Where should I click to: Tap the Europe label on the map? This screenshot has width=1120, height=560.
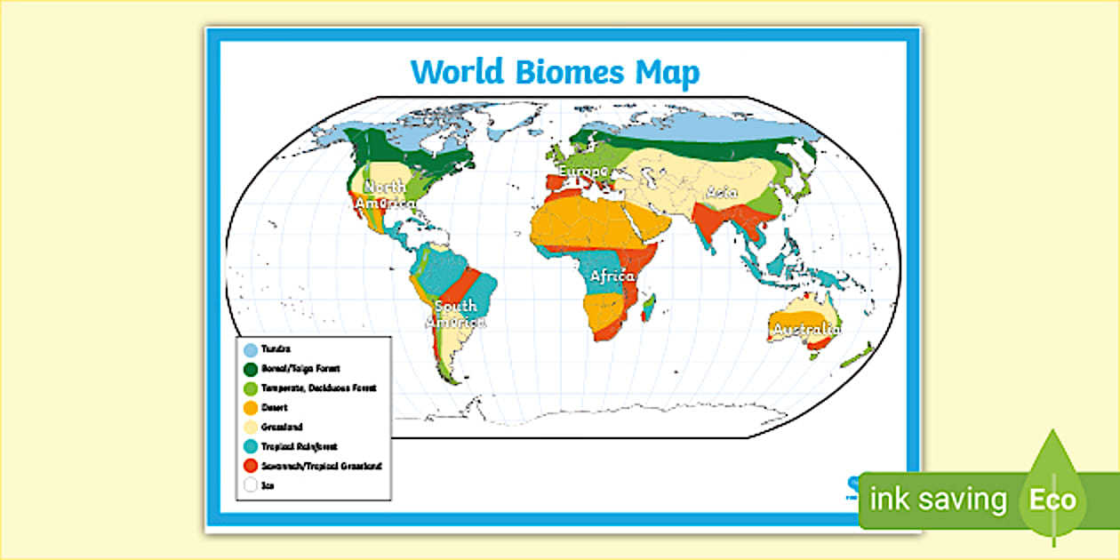pos(583,171)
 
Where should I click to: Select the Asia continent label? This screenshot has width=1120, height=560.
pos(723,192)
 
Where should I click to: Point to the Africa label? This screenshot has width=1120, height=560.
pos(612,276)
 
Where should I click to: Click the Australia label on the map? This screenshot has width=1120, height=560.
pos(806,331)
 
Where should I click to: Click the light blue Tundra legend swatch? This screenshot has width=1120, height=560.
pos(251,350)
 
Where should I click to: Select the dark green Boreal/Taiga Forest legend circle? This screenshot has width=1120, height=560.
pos(251,369)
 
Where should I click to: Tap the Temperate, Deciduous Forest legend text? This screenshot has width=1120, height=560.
pos(318,388)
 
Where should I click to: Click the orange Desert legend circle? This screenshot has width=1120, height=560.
pos(251,408)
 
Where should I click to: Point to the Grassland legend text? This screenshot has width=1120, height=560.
pos(282,428)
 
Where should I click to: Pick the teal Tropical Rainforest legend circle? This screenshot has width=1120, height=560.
pos(251,446)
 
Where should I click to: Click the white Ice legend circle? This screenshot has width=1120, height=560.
pos(251,485)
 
